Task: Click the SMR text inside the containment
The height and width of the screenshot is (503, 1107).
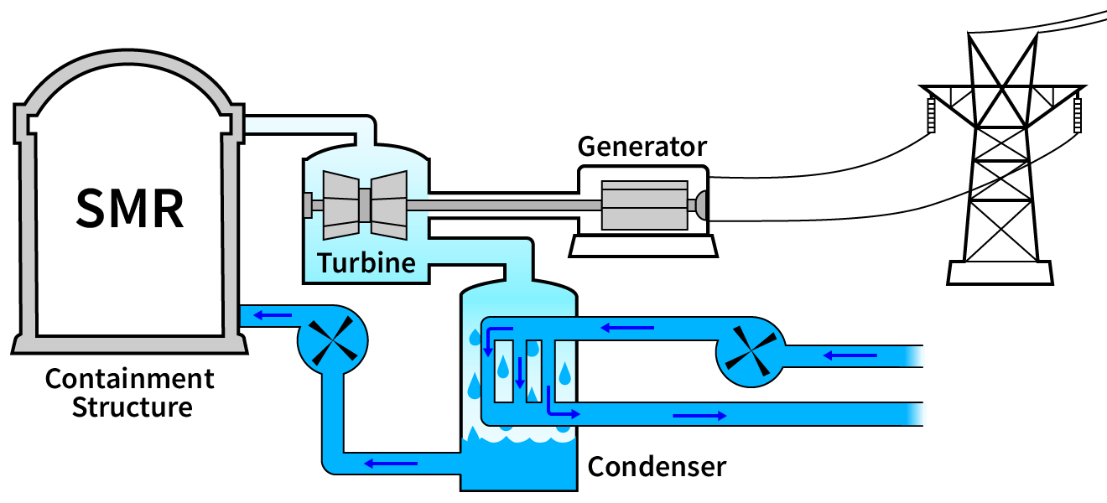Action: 130,208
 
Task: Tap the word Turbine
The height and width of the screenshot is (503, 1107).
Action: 366,263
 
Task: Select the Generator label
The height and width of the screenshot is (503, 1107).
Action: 642,147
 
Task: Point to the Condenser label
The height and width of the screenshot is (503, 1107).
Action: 657,466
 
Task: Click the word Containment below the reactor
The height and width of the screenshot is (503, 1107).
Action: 130,379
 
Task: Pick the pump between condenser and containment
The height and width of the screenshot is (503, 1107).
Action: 332,340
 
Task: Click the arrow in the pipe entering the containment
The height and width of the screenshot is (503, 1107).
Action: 273,316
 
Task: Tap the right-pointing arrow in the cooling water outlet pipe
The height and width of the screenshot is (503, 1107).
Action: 699,415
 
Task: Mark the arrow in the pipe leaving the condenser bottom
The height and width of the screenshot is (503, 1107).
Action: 390,462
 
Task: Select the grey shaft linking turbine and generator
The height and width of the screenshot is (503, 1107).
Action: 503,205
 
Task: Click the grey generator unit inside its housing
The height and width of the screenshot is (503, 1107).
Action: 644,205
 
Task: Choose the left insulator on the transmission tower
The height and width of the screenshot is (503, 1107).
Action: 931,115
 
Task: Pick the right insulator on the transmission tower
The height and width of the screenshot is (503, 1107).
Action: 1078,115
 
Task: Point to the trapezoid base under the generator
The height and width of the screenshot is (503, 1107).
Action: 643,246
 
